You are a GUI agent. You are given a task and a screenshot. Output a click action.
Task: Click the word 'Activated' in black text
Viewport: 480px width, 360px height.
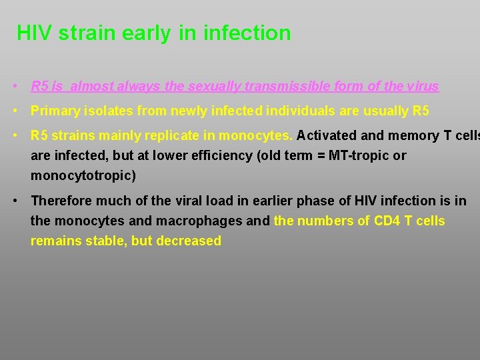[x=326, y=136]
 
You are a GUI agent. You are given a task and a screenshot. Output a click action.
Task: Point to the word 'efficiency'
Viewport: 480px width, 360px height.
[x=203, y=156]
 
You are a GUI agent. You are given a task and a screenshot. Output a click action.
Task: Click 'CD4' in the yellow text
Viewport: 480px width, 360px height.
[x=386, y=221]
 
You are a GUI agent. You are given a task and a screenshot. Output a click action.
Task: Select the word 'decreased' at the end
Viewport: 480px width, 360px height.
[x=189, y=241]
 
